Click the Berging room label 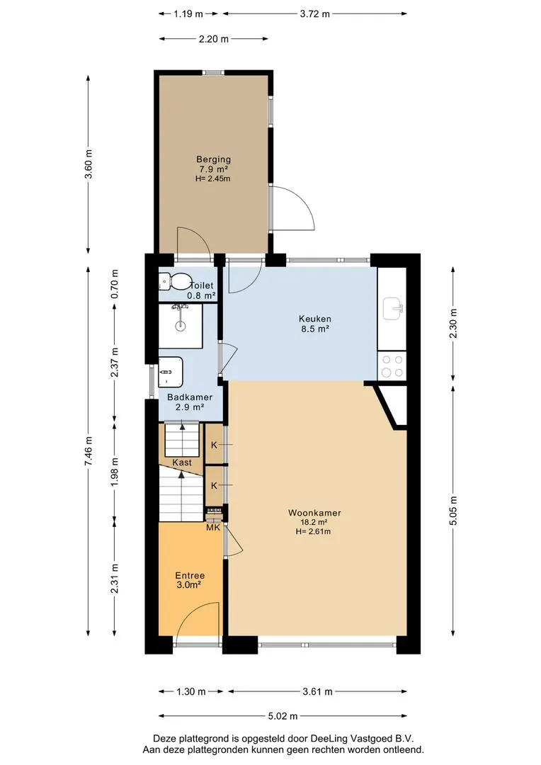(x=213, y=159)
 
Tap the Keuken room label (x=314, y=319)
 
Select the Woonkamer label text (x=314, y=513)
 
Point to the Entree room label (x=190, y=576)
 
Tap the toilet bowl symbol (x=175, y=281)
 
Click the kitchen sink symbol (x=393, y=309)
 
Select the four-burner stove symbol (x=392, y=366)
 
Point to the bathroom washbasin (x=170, y=372)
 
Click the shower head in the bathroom (x=180, y=307)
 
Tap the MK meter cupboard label (x=213, y=528)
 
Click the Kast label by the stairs (x=182, y=463)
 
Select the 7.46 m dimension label (x=89, y=450)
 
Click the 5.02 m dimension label (x=283, y=716)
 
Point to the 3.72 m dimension (x=314, y=13)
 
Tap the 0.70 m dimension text (x=115, y=284)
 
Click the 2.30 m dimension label (x=453, y=324)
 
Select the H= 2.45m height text (x=212, y=178)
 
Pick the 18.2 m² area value (x=314, y=522)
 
